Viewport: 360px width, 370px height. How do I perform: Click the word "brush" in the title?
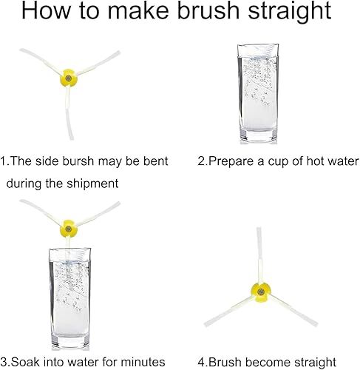point(208,11)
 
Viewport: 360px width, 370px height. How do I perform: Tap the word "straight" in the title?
point(290,13)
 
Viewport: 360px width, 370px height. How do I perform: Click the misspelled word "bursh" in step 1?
point(78,161)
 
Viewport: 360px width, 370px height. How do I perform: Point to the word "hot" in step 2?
point(315,161)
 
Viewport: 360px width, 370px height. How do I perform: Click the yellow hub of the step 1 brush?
point(69,78)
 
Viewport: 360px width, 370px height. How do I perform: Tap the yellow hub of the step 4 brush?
point(261,292)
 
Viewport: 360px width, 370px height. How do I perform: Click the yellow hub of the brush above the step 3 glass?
point(69,229)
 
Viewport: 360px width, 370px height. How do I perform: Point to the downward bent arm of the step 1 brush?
point(68,113)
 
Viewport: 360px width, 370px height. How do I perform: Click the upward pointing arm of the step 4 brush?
point(259,255)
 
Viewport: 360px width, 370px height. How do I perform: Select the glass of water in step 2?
point(258,94)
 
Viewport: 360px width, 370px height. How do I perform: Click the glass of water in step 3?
point(70,299)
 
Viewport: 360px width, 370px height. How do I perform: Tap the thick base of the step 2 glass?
point(258,137)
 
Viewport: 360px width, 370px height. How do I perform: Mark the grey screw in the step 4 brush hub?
point(261,292)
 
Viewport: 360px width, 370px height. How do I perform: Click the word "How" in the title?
point(47,11)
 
